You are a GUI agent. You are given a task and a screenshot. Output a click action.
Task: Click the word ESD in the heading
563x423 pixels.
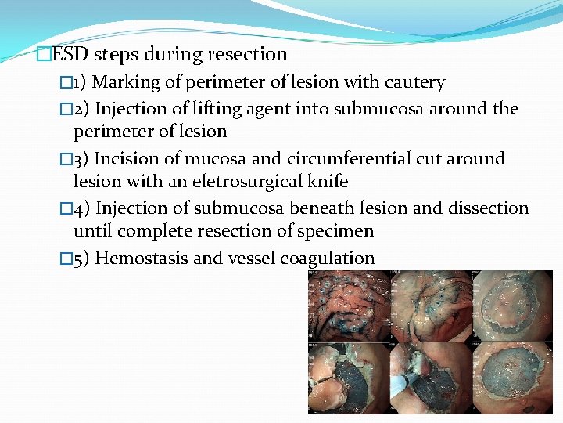68,54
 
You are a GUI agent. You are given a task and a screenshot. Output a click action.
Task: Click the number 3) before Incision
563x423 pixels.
81,158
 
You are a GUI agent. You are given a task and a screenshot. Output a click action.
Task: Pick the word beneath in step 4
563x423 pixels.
332,208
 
